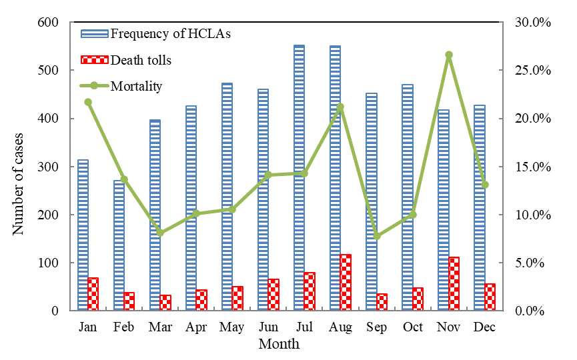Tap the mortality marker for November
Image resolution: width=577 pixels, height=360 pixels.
pos(449,55)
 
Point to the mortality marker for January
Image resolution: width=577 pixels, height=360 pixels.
pos(88,102)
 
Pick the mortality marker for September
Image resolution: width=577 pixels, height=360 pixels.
pos(377,236)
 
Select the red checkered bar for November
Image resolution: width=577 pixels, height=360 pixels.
pos(454,283)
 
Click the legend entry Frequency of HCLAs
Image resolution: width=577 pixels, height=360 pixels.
pos(171,33)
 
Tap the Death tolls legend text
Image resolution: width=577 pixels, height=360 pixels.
pos(141,60)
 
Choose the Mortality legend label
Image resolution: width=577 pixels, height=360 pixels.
pos(136,85)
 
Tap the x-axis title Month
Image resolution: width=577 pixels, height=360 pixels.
pos(279,345)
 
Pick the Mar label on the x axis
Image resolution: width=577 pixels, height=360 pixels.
pos(160,327)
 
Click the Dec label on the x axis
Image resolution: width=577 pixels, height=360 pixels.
pos(484,327)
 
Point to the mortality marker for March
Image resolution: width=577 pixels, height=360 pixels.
pos(160,233)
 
